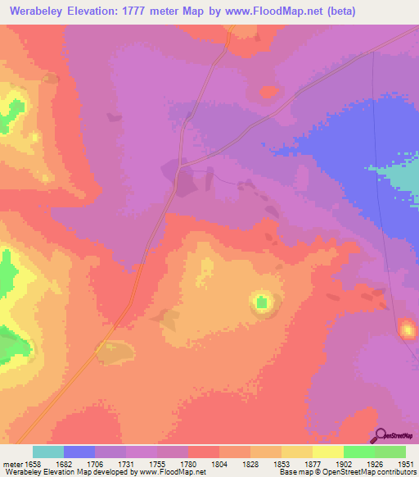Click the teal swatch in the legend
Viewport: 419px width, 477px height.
[x=48, y=452]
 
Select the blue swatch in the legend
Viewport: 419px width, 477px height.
[x=79, y=452]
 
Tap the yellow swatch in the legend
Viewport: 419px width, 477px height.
[x=327, y=452]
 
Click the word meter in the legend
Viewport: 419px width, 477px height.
[x=10, y=463]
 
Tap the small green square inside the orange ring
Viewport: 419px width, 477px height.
[x=262, y=303]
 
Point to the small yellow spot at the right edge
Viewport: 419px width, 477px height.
[x=407, y=330]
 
